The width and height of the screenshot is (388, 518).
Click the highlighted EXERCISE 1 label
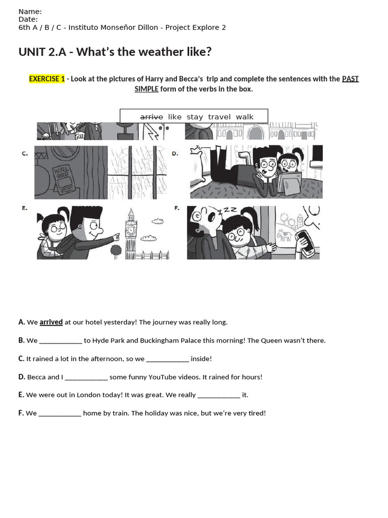coord(47,79)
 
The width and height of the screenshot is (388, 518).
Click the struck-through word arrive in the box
coord(152,117)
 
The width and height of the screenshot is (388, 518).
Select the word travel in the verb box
coord(219,117)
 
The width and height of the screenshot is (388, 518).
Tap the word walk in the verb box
coord(245,117)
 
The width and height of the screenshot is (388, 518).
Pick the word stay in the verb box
coord(195,117)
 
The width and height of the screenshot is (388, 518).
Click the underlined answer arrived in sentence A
coord(51,322)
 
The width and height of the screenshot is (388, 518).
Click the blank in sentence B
coord(61,341)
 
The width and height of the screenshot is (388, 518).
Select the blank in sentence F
coord(60,413)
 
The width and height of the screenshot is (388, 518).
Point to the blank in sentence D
coord(86,377)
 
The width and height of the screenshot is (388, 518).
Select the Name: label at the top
coord(30,12)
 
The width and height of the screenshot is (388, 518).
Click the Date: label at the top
coord(28,20)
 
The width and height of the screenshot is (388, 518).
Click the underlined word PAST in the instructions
coord(350,79)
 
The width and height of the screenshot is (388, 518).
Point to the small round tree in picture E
coord(116,249)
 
